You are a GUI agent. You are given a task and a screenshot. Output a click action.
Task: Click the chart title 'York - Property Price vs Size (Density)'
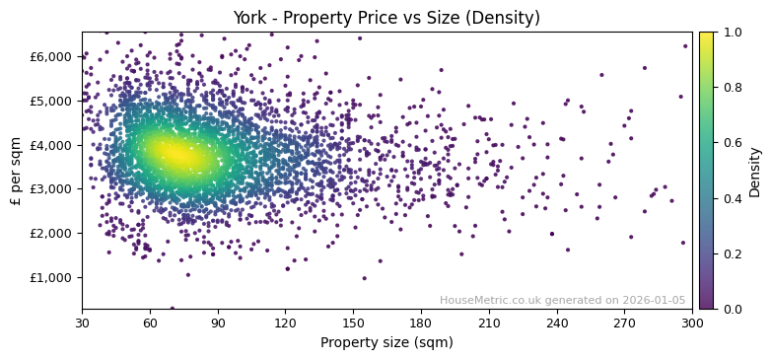coord(385,17)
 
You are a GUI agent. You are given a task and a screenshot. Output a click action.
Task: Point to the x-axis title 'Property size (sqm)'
coord(386,343)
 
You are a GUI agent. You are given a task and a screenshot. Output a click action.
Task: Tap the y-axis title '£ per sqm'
coord(16,171)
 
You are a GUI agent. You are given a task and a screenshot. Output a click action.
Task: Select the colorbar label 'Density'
coord(755,171)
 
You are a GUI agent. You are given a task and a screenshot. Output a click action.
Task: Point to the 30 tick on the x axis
coord(82,323)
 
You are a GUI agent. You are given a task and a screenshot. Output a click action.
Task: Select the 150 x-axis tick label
coord(353,323)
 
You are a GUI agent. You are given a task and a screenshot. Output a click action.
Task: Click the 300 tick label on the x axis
coord(692,323)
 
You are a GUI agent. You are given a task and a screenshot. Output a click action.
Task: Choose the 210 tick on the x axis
coord(489,323)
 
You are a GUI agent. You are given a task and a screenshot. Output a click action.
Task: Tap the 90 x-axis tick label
coord(218,323)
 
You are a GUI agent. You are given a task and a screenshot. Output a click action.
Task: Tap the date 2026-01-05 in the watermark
coord(656,300)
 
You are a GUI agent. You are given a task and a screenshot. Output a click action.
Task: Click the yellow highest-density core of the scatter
coord(175,154)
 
